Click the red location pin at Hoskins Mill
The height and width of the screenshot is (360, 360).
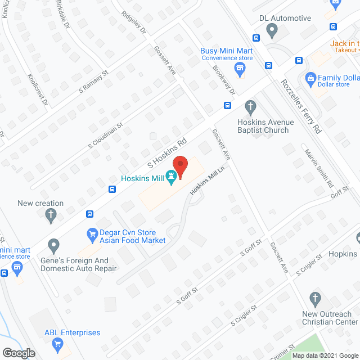click(x=180, y=164)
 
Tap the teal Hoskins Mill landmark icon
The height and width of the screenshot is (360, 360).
click(x=170, y=178)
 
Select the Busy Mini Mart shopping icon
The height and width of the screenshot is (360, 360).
click(x=240, y=70)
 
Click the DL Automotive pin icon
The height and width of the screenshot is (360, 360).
click(x=272, y=29)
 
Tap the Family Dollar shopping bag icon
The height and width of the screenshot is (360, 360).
click(x=309, y=78)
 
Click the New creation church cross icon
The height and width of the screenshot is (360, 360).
click(x=51, y=214)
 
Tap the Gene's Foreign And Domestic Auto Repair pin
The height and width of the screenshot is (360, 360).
click(x=53, y=245)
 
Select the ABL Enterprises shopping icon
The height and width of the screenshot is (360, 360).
click(x=57, y=346)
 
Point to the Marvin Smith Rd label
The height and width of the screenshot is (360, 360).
click(x=319, y=168)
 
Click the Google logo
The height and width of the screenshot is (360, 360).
click(x=19, y=353)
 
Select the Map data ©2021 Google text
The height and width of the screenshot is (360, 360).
click(x=321, y=355)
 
